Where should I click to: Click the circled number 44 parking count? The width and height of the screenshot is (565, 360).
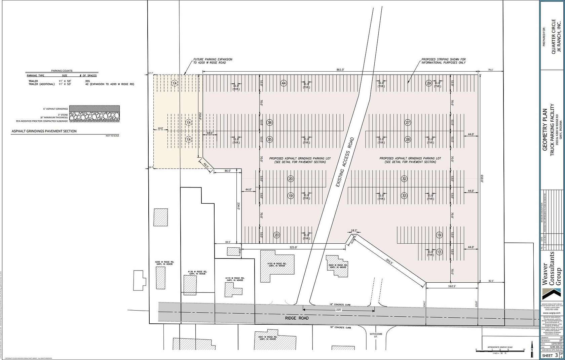tap(284, 83)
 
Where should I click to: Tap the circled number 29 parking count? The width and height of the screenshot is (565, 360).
tap(429, 83)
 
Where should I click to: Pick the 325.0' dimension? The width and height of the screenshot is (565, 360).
tap(293, 247)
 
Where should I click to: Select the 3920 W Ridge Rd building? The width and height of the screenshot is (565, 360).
tap(338, 266)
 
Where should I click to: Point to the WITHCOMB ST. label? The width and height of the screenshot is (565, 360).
tap(374, 336)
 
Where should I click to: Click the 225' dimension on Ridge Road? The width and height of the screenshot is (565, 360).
tap(338, 310)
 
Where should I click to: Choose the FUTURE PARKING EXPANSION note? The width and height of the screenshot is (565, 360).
tap(213, 61)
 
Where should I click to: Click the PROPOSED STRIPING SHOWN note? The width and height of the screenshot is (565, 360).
tap(444, 61)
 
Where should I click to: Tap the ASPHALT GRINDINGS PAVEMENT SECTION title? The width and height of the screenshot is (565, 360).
tap(44, 131)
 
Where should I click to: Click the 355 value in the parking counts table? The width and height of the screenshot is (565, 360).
tap(87, 81)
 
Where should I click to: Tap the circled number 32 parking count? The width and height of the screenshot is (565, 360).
tap(404, 179)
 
